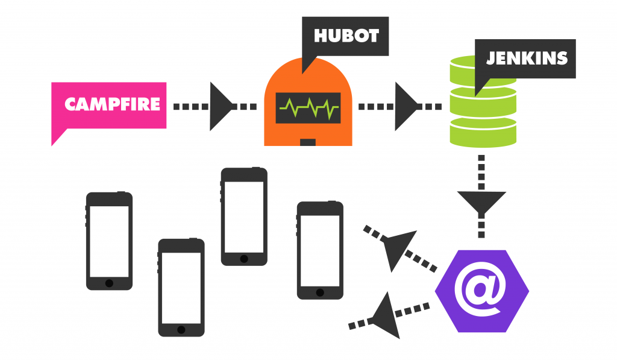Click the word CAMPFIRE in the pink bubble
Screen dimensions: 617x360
tap(112, 104)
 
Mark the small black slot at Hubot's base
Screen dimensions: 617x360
tap(308, 142)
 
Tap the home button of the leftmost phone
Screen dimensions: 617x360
tap(109, 283)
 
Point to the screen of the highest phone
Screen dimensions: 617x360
tap(243, 216)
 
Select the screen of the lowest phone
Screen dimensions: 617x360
tap(181, 288)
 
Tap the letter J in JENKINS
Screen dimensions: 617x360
tap(490, 58)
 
